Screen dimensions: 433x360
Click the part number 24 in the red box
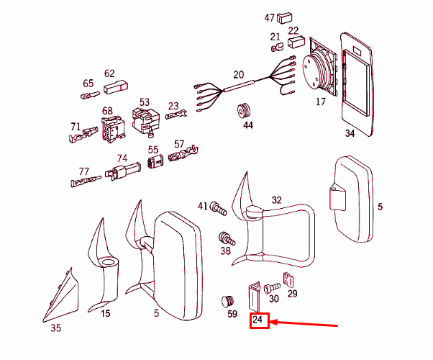pyautogui.click(x=257, y=320)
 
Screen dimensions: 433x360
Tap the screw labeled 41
pyautogui.click(x=218, y=209)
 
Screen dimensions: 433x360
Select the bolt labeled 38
pyautogui.click(x=227, y=238)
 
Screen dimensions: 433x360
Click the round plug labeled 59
pyautogui.click(x=228, y=301)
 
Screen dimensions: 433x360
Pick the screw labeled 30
pyautogui.click(x=272, y=288)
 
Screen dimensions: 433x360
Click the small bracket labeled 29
pyautogui.click(x=288, y=279)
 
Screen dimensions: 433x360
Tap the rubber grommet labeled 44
pyautogui.click(x=245, y=111)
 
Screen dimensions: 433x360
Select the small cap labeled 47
pyautogui.click(x=284, y=18)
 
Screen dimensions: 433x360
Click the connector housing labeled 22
pyautogui.click(x=296, y=42)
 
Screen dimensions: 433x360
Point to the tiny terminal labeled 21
pyautogui.click(x=277, y=47)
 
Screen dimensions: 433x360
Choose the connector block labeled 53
pyautogui.click(x=146, y=122)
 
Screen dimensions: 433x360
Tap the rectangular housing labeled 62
pyautogui.click(x=116, y=87)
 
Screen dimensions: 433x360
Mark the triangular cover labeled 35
pyautogui.click(x=62, y=297)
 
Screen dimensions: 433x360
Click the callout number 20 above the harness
pyautogui.click(x=239, y=75)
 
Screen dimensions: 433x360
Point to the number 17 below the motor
pyautogui.click(x=321, y=102)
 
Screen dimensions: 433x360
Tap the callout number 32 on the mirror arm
pyautogui.click(x=276, y=200)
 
